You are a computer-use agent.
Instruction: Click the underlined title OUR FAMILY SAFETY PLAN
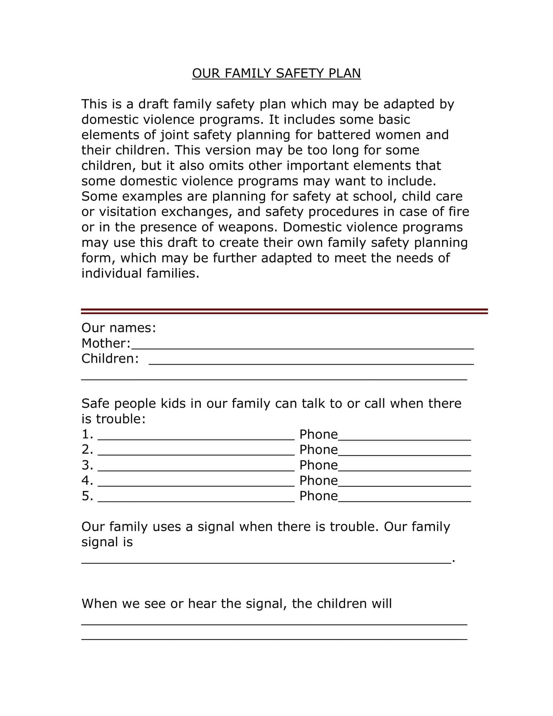[x=276, y=73]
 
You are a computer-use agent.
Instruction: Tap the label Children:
[x=110, y=359]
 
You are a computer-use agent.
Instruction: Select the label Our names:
[x=119, y=328]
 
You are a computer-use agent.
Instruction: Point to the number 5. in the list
[x=87, y=496]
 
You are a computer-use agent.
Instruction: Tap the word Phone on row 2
[x=318, y=450]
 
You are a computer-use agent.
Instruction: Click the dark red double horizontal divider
[x=284, y=311]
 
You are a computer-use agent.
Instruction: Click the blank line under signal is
[x=266, y=561]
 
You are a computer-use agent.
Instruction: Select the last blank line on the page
[x=274, y=638]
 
